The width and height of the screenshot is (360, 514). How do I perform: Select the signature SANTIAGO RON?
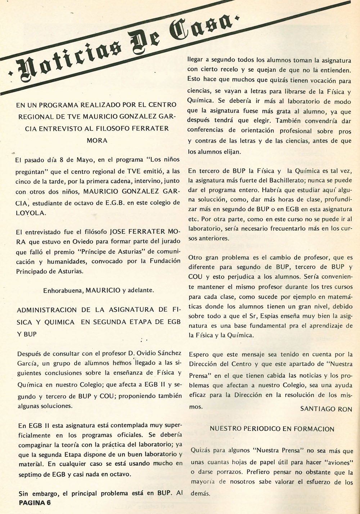click(326, 409)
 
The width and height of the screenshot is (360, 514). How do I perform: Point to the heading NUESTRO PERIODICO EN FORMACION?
click(272, 429)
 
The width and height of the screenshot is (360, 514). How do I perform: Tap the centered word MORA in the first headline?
click(97, 140)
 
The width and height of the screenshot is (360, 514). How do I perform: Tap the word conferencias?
click(204, 130)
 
